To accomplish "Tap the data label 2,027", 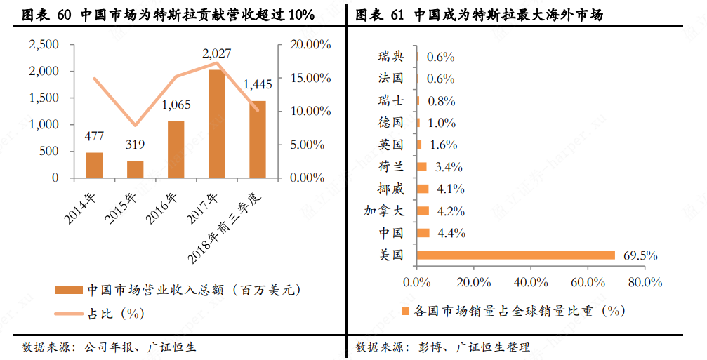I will click(216, 53).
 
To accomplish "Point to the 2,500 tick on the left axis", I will click(44, 44).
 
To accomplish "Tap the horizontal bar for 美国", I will click(515, 255).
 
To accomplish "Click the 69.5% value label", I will click(640, 255).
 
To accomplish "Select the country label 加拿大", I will click(383, 211).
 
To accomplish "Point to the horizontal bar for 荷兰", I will click(421, 166).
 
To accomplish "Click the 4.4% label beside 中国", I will click(451, 233).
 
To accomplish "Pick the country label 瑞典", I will click(390, 57).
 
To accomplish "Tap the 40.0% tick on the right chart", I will click(531, 282).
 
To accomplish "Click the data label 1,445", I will click(257, 85).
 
